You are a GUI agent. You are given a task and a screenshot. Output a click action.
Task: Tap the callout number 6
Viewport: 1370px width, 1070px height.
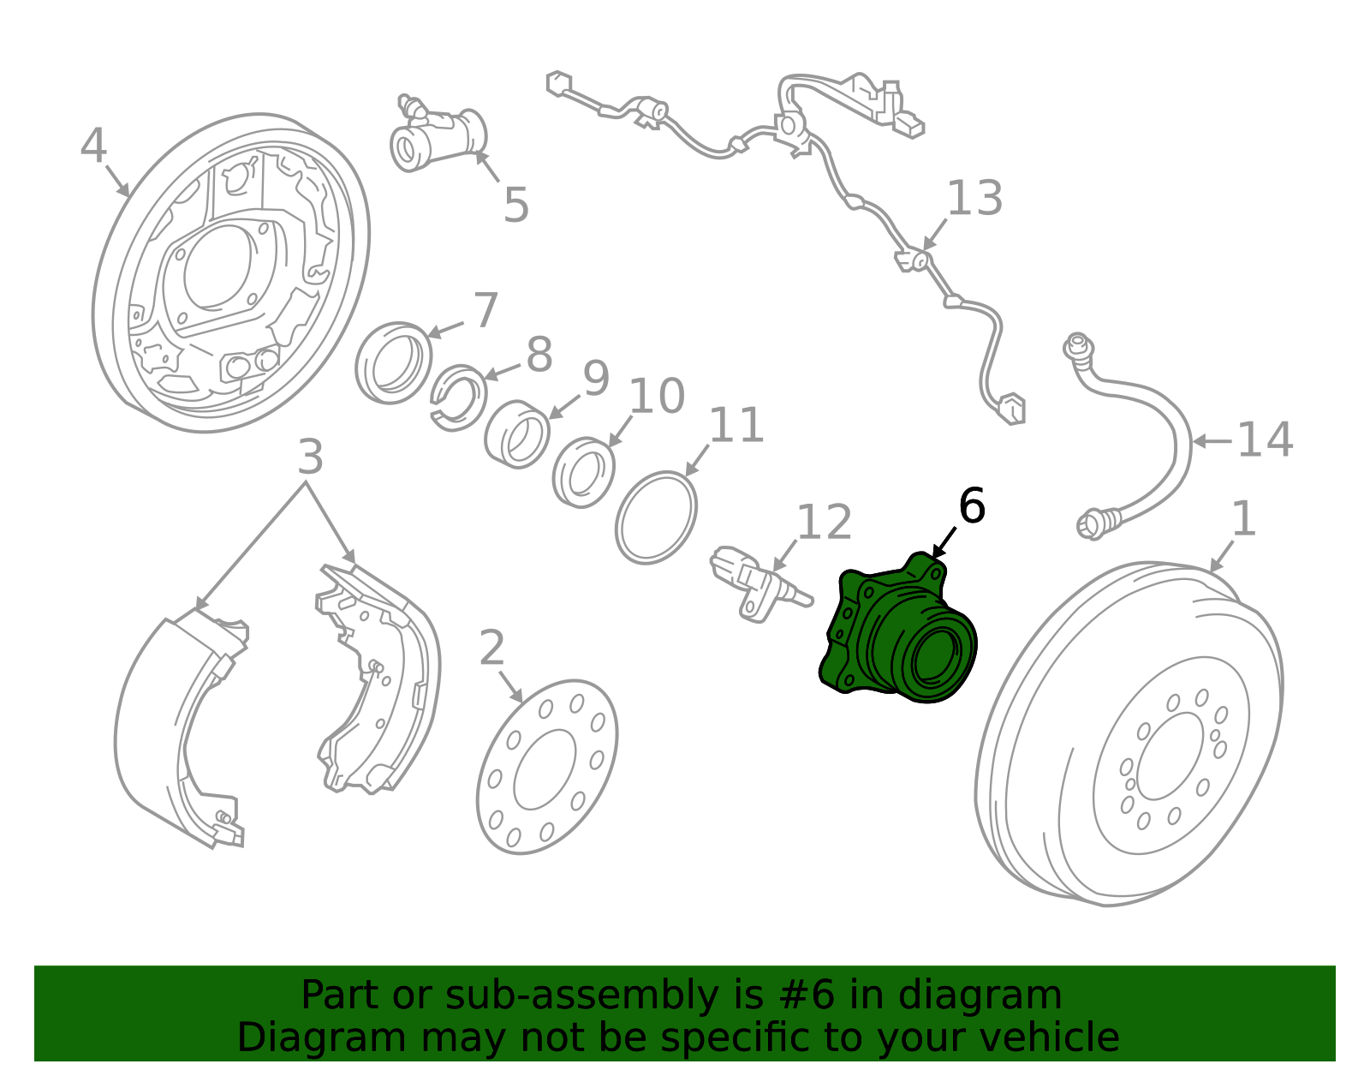(x=972, y=505)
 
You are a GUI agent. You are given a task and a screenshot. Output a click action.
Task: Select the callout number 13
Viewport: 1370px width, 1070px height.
(x=974, y=198)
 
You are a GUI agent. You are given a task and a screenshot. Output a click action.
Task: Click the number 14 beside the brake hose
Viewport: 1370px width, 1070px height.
(x=1265, y=440)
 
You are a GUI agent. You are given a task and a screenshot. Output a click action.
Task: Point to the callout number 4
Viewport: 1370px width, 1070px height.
(x=93, y=146)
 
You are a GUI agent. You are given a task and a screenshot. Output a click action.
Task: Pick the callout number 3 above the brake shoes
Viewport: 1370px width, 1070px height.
(x=310, y=457)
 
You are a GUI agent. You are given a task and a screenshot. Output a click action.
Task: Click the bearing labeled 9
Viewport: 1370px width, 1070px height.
(x=517, y=434)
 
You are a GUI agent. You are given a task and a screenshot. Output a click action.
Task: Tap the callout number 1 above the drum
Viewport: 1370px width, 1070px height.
(x=1244, y=519)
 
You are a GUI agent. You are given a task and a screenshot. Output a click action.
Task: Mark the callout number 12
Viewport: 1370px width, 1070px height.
(x=825, y=522)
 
